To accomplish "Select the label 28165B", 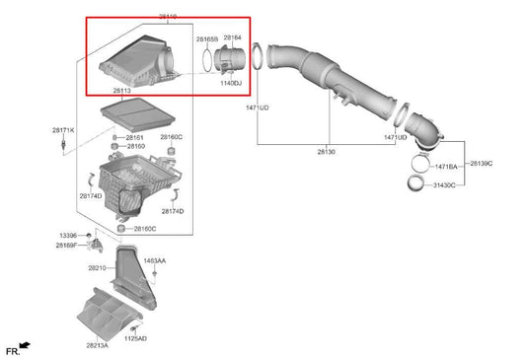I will pos(205,38).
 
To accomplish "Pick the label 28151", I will pos(134,137).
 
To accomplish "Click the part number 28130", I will pos(327,152).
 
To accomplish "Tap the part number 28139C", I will pos(481,162).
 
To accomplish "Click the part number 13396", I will pos(67,236).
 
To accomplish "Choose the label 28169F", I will pos(67,245).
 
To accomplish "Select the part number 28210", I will pos(97,267).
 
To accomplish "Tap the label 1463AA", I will pos(155,260).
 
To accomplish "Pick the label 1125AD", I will pos(135,338).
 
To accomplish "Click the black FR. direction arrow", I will pos(24,346).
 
